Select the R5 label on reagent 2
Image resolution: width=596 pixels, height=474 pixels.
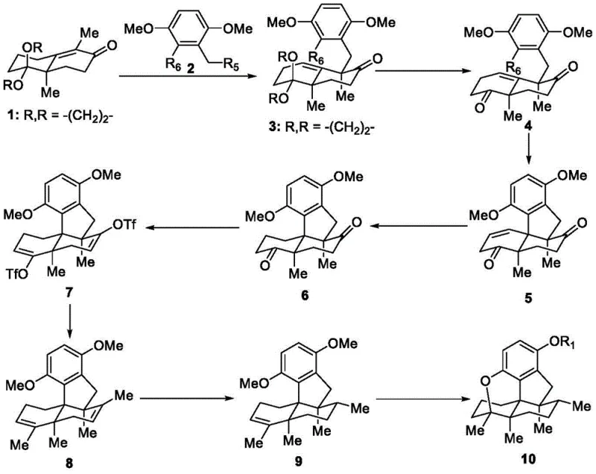click(219, 74)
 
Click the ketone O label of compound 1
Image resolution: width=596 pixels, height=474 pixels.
click(132, 34)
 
